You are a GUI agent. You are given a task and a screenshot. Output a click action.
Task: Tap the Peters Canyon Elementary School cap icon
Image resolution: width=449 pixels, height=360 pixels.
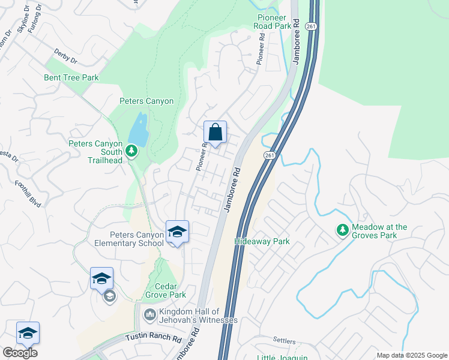pyautogui.click(x=177, y=232)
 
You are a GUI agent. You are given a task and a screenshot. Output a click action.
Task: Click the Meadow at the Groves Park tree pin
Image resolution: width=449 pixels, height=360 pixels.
pyautogui.click(x=342, y=230)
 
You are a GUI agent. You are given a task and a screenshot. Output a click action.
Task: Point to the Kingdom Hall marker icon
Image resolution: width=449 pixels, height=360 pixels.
pyautogui.click(x=149, y=314)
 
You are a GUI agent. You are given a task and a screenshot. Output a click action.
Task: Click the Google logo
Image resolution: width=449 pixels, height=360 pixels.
pyautogui.click(x=19, y=353)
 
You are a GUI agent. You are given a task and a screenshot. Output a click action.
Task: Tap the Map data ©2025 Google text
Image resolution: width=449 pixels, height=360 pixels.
pyautogui.click(x=412, y=355)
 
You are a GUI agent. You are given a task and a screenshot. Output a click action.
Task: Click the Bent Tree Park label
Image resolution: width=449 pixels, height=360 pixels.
pyautogui.click(x=71, y=77)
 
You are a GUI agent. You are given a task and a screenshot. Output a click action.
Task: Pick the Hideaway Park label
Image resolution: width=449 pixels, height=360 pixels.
pyautogui.click(x=262, y=242)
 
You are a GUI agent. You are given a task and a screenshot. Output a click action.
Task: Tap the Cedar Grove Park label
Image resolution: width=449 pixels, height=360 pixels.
pyautogui.click(x=166, y=290)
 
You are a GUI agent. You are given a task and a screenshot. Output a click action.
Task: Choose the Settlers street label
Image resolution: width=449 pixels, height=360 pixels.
pyautogui.click(x=285, y=340)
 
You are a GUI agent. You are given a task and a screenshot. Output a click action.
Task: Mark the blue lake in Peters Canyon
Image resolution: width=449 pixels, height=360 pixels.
pyautogui.click(x=138, y=130)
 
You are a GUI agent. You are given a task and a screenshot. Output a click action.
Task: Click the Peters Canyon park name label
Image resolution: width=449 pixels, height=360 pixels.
pyautogui.click(x=146, y=101)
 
